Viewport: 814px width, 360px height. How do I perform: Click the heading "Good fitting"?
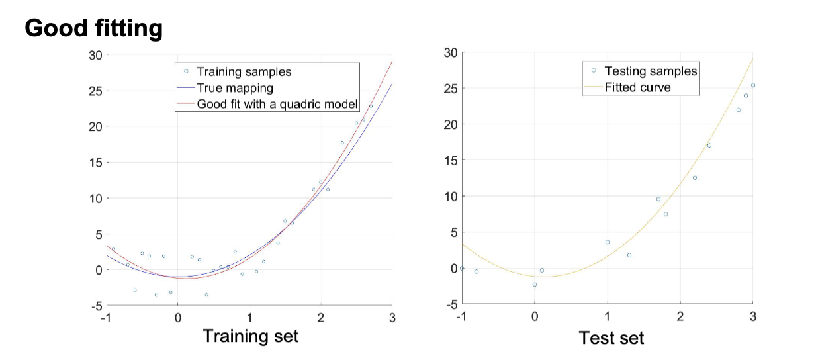(93, 28)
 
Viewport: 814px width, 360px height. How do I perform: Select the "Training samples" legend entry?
(244, 71)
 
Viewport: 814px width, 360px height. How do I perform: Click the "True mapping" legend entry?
(235, 87)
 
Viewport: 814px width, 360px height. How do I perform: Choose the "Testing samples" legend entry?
(651, 71)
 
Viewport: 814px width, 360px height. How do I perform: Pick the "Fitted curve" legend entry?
(637, 87)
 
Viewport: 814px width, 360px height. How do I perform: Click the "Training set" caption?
(250, 336)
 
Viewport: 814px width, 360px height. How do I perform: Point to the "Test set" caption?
(611, 337)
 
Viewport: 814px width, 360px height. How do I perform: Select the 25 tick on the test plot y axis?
(451, 88)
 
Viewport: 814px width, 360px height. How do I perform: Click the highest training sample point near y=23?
(371, 106)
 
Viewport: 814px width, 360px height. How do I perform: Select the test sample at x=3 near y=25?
(752, 85)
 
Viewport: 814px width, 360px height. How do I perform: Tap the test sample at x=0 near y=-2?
(535, 285)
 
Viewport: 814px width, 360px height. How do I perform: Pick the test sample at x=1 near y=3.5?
(607, 242)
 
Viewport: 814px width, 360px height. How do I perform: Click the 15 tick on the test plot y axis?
(451, 160)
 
